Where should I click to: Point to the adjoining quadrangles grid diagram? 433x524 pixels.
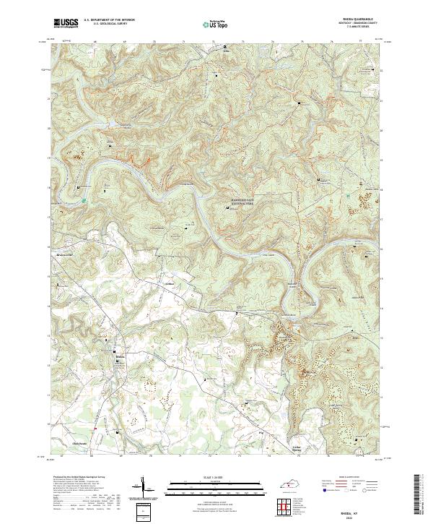click(x=289, y=504)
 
